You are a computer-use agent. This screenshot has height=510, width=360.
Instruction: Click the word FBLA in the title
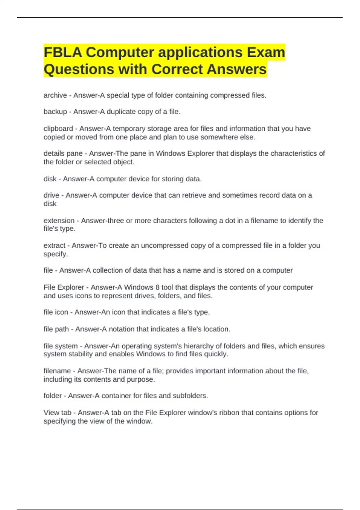tap(63, 52)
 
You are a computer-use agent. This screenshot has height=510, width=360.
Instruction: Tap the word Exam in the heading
tap(266, 52)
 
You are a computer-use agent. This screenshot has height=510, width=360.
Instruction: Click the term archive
tap(55, 95)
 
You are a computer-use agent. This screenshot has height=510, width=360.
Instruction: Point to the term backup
tap(55, 112)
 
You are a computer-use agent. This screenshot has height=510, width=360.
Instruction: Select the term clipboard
tap(58, 129)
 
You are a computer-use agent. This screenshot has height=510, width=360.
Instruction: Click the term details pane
tap(63, 154)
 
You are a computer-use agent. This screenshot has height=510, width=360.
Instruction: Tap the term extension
tap(59, 221)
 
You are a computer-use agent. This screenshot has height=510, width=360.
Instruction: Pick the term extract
tap(54, 246)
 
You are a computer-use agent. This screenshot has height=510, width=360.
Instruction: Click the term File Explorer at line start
tap(64, 287)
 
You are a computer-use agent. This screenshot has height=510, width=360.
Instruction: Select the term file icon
tap(56, 312)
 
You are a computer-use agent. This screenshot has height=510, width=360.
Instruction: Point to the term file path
tap(56, 329)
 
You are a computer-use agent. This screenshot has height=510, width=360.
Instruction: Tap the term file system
tap(61, 346)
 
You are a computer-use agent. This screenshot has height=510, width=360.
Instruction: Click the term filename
tap(57, 371)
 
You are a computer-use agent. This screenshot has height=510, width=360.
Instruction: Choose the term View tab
tap(57, 413)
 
